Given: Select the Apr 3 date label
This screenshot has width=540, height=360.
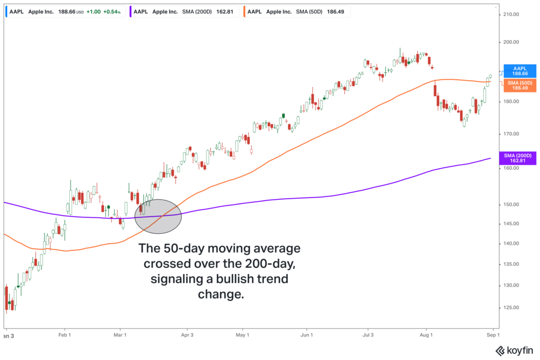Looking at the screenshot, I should (x=187, y=334).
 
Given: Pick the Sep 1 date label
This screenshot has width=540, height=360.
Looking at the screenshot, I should (x=492, y=334).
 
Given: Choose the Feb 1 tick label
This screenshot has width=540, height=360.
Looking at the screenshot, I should (x=64, y=334).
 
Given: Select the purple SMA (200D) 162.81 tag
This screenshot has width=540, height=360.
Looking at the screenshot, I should (x=517, y=158).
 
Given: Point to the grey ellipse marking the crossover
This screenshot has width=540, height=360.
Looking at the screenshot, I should (x=158, y=216).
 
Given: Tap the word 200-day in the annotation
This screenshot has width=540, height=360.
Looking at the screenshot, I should (x=266, y=263).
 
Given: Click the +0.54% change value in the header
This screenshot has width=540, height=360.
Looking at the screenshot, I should (x=112, y=11).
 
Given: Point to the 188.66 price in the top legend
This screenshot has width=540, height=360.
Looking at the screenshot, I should (x=68, y=11).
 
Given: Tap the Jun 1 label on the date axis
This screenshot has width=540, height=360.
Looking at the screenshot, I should (x=307, y=334).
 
